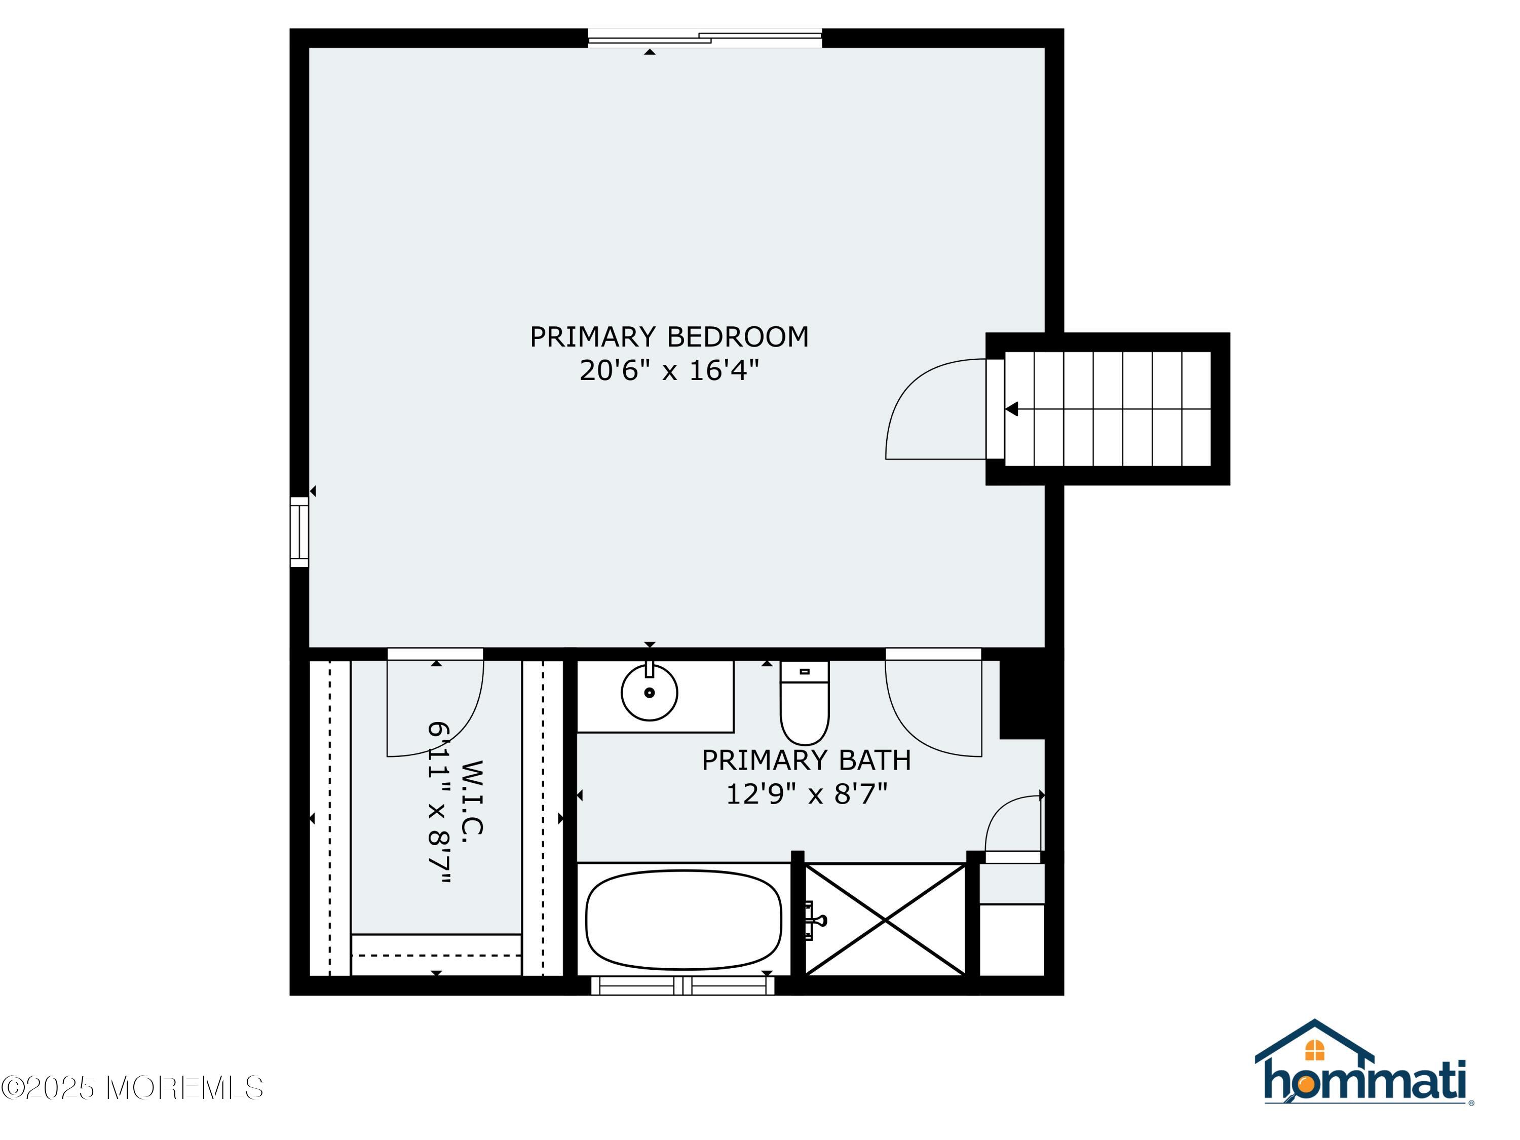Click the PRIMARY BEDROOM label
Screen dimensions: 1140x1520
pos(669,337)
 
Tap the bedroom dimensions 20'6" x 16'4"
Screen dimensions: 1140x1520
pos(669,371)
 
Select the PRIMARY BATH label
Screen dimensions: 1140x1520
pos(806,761)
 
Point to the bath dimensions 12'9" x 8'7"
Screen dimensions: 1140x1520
pos(806,794)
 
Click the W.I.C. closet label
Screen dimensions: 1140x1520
pos(473,797)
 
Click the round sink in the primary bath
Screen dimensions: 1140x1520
pos(650,693)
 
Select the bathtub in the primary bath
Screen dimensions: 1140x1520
pos(683,920)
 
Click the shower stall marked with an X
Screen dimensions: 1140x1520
pos(885,920)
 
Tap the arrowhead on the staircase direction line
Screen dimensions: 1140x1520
pos(1011,409)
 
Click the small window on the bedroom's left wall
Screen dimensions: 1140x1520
pos(299,533)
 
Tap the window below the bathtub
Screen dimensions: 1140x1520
pos(683,985)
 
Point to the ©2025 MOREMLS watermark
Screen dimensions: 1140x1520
pos(132,1087)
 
